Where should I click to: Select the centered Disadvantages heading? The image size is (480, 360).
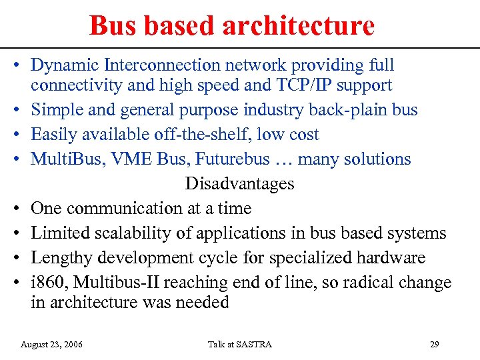pos(239,183)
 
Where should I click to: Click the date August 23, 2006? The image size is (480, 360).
pos(52,345)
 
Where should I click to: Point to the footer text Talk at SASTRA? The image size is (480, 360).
pos(240,345)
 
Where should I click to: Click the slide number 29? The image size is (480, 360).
pos(434,345)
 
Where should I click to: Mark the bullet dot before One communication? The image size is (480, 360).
pos(20,209)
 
